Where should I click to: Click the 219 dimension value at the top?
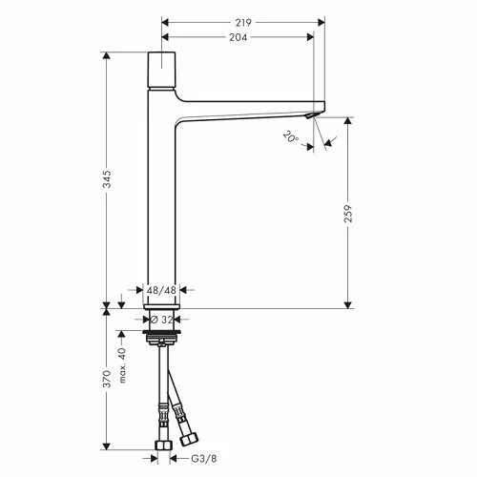[x=243, y=23]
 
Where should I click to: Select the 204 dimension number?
[x=238, y=37]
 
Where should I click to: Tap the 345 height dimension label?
[x=108, y=179]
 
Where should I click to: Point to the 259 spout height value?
[x=348, y=214]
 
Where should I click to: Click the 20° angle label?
[x=291, y=137]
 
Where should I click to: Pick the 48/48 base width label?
[x=161, y=290]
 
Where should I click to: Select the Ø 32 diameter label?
[x=162, y=320]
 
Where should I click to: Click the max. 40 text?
[x=122, y=365]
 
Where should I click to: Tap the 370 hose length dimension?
[x=108, y=379]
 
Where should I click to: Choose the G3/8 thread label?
[x=204, y=459]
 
